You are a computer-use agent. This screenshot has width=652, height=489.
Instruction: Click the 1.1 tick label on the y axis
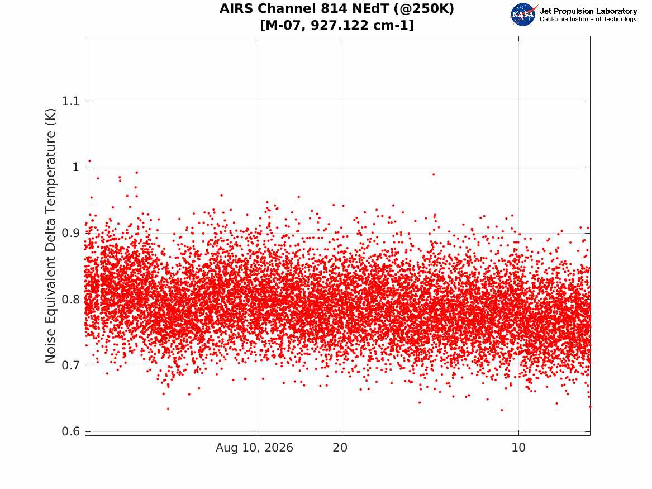[x=70, y=101]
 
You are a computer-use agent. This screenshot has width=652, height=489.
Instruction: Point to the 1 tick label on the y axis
[x=75, y=167]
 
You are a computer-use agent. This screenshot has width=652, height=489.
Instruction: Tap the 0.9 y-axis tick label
[x=70, y=233]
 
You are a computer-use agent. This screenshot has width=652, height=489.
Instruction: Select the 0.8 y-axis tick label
[x=70, y=300]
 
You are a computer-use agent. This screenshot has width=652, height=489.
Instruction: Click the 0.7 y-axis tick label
[x=70, y=365]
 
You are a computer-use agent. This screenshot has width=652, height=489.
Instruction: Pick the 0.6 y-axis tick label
[x=70, y=431]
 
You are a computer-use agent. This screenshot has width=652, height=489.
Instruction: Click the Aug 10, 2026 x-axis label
[x=254, y=448]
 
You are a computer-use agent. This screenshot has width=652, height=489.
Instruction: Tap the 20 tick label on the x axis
[x=340, y=448]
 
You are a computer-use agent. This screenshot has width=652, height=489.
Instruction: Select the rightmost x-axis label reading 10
[x=518, y=448]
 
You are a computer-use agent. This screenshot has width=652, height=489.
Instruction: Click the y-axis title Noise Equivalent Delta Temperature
[x=50, y=236]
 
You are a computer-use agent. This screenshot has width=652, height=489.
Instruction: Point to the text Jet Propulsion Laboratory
[x=588, y=11]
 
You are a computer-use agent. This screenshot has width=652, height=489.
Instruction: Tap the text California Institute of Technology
[x=588, y=19]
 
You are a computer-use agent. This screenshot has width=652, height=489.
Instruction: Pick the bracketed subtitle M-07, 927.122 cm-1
[x=337, y=25]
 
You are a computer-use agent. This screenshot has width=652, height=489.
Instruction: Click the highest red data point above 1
[x=89, y=161]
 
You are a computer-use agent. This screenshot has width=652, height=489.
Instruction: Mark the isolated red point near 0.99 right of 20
[x=434, y=174]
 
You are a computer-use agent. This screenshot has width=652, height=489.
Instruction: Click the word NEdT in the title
[x=372, y=8]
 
